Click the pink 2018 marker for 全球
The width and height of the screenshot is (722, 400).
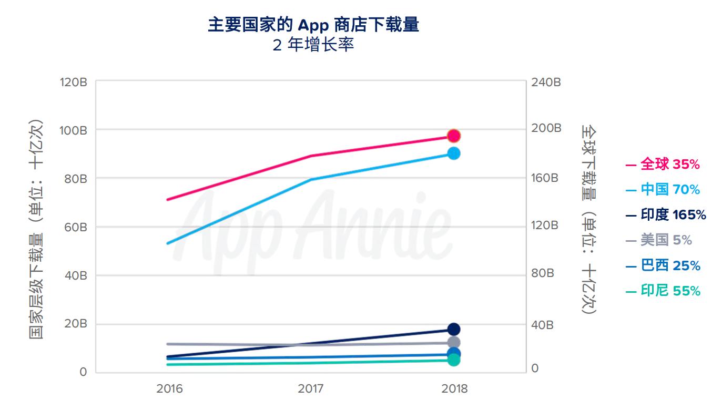(x=453, y=136)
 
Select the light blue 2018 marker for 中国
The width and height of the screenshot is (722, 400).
(x=453, y=153)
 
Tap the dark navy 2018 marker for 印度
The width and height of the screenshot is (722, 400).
(x=453, y=329)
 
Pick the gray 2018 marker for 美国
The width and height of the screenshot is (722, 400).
(x=453, y=343)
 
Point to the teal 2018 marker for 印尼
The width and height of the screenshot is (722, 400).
(x=453, y=360)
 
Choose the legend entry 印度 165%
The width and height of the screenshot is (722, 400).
(x=666, y=215)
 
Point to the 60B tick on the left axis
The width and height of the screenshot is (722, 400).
(x=76, y=227)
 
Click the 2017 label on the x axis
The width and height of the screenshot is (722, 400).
(x=311, y=389)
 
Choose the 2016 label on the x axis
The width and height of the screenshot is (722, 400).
(x=169, y=389)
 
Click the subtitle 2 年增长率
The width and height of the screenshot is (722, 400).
(x=313, y=45)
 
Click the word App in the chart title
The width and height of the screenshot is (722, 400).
(x=313, y=25)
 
